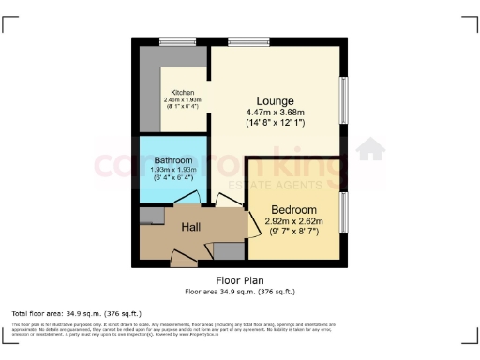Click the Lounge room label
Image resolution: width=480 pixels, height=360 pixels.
point(277,101)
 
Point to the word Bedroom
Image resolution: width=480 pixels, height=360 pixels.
point(294,209)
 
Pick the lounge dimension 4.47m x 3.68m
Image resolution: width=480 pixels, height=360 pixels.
point(277,113)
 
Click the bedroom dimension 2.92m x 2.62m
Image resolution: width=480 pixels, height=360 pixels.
point(294,221)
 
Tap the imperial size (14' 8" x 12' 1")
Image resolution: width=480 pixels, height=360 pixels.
point(277,124)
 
